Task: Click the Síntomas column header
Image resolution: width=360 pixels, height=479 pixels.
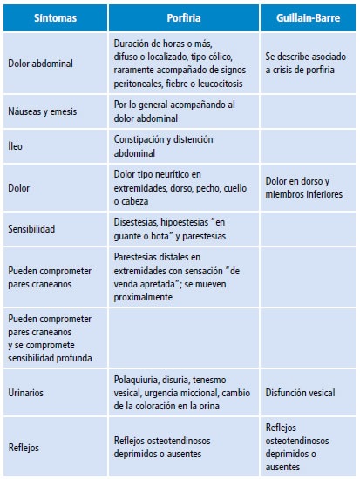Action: coord(55,17)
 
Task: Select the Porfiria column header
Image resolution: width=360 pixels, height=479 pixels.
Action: coord(184,17)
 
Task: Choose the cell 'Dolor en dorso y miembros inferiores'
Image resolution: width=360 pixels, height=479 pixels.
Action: coord(304,187)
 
